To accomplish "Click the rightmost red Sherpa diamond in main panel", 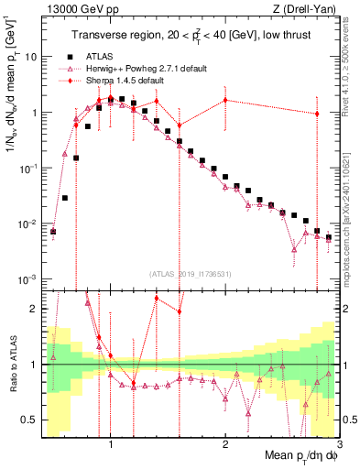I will point(317,115).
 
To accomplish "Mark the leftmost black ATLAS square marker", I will point(53,232).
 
